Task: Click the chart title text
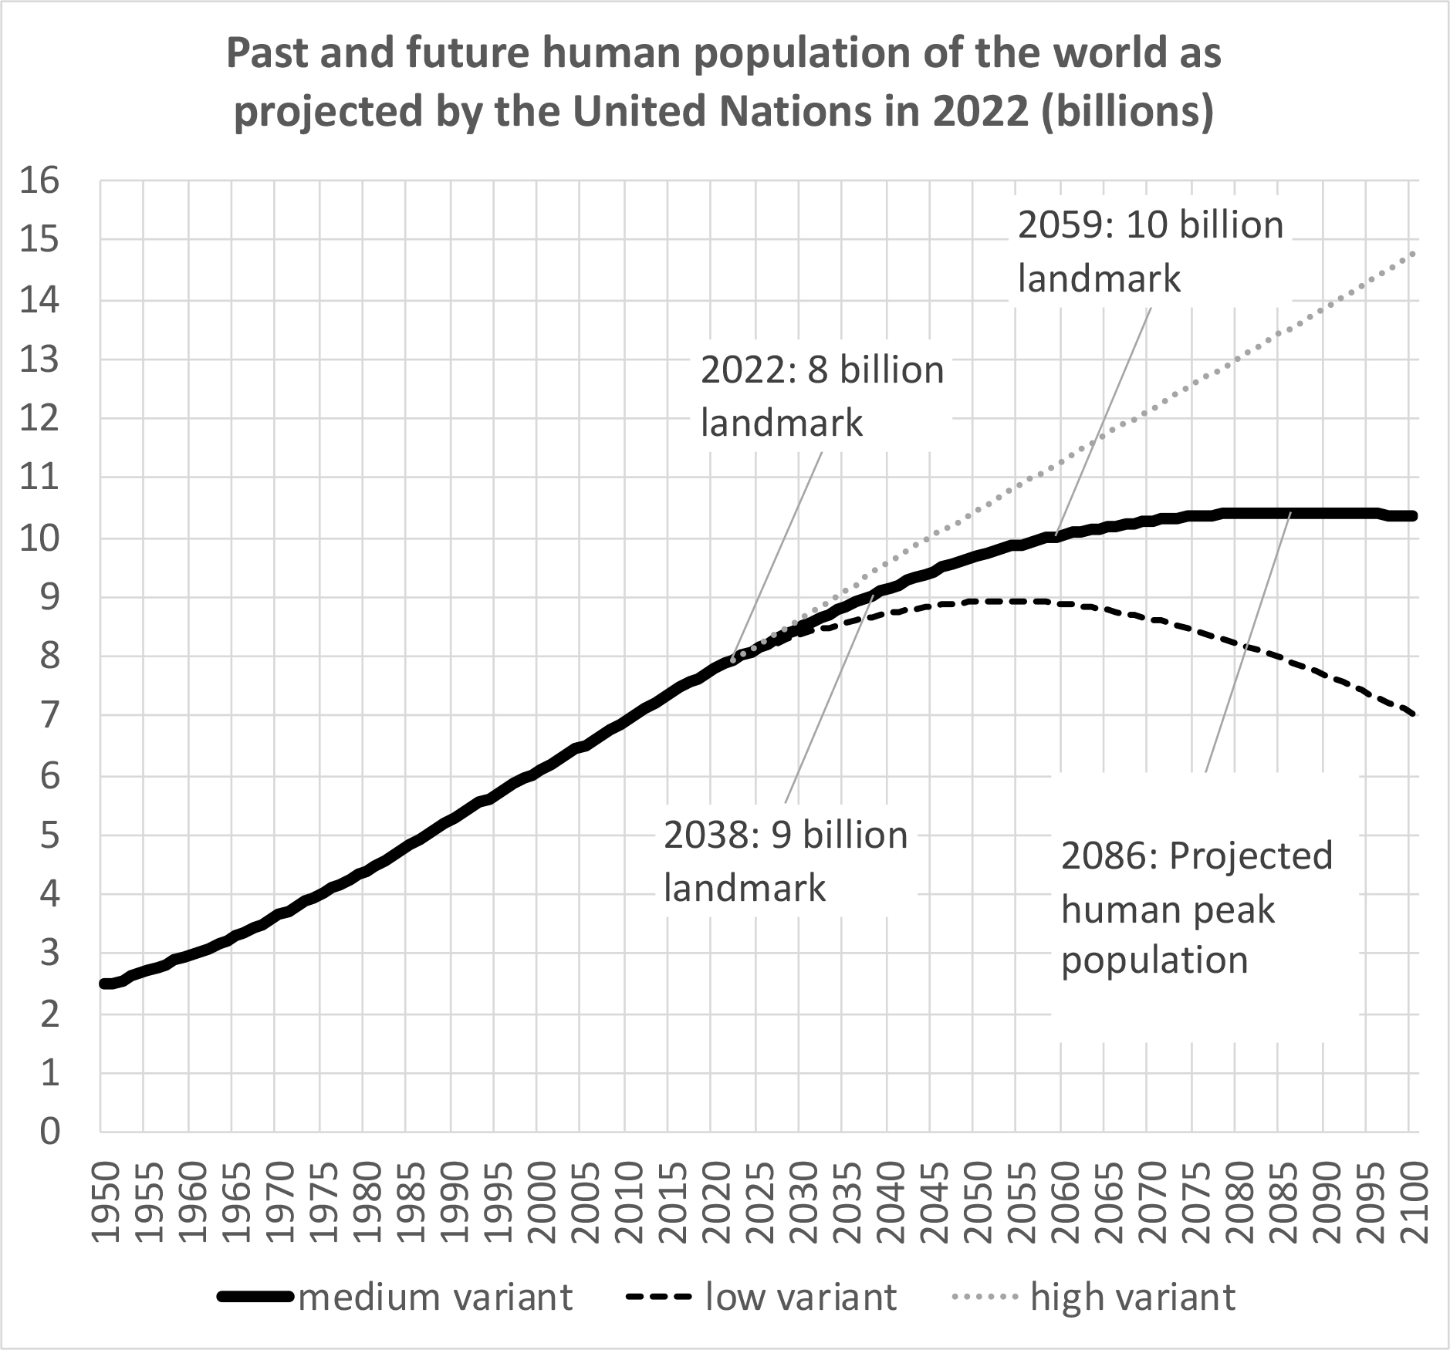click(724, 83)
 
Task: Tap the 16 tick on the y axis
click(41, 182)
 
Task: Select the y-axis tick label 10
click(41, 538)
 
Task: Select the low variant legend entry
click(762, 1298)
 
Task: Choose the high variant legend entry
click(1092, 1298)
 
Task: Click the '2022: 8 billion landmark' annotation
click(822, 397)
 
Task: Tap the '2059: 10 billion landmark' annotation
click(1150, 251)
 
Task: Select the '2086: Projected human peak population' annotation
click(1197, 908)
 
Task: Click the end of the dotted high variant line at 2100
click(1413, 252)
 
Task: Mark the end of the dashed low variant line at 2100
click(1413, 715)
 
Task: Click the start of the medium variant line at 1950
click(103, 984)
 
